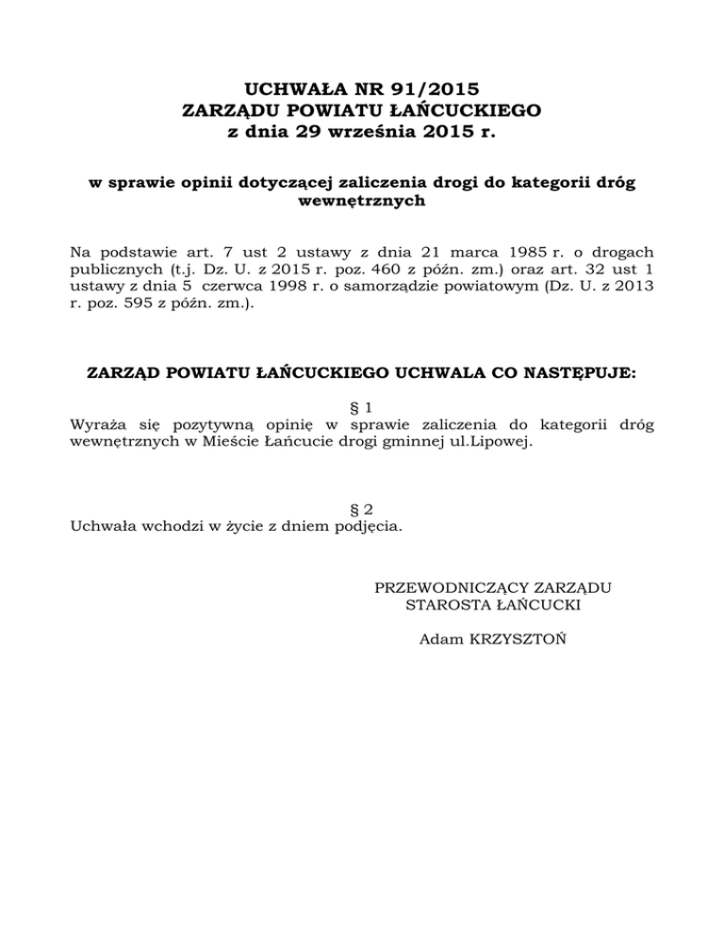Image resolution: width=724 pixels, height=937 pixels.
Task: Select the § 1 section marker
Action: pos(363,407)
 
